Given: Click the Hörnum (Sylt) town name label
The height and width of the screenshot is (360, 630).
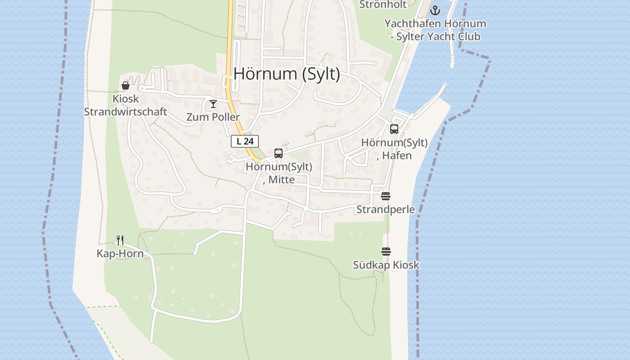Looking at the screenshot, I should tap(287, 74).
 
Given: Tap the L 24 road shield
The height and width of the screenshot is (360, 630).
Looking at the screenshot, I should tap(245, 141).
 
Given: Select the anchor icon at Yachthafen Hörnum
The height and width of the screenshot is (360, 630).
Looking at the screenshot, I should tap(435, 10).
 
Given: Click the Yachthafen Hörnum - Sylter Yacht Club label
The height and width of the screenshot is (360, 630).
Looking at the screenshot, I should tap(435, 30).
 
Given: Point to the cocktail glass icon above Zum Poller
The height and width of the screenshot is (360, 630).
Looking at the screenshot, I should tap(213, 104).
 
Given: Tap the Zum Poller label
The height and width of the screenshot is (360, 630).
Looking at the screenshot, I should tap(213, 117).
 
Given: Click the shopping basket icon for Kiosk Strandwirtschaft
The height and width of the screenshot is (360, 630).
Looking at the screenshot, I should tap(126, 85).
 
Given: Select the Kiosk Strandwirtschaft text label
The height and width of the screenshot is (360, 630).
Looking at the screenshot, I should tap(126, 105).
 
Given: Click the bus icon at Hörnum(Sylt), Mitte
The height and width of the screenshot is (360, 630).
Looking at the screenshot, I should tap(279, 153).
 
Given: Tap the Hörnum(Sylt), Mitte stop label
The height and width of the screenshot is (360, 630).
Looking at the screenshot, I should tap(279, 173).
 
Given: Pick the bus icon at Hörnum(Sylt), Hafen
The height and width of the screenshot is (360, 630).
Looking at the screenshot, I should tap(394, 129).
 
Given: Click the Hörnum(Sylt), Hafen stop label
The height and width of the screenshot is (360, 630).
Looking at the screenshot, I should tap(395, 149).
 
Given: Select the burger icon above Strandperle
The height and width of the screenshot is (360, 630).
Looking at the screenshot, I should tap(386, 196).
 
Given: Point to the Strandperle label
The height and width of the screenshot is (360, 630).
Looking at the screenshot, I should tap(386, 210).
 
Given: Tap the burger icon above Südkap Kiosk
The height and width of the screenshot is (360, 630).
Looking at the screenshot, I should tap(386, 252).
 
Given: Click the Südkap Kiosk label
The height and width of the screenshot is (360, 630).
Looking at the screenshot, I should tap(386, 265).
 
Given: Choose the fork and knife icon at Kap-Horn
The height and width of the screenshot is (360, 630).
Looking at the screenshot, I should tap(120, 240).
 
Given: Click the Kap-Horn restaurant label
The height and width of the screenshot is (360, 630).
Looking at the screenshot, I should tap(120, 254).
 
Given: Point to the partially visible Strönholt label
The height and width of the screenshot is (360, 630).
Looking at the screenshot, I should tap(383, 4).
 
